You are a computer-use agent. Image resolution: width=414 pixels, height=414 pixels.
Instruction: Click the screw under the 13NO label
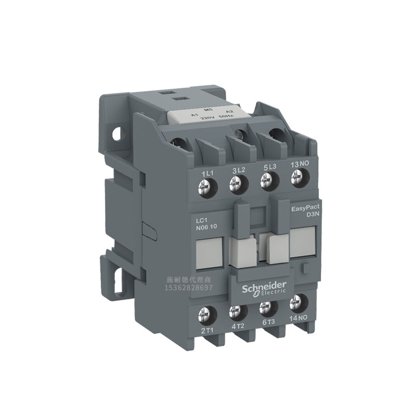pos(296,179)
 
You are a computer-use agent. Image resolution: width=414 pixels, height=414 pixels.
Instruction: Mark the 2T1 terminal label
pos(206,329)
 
